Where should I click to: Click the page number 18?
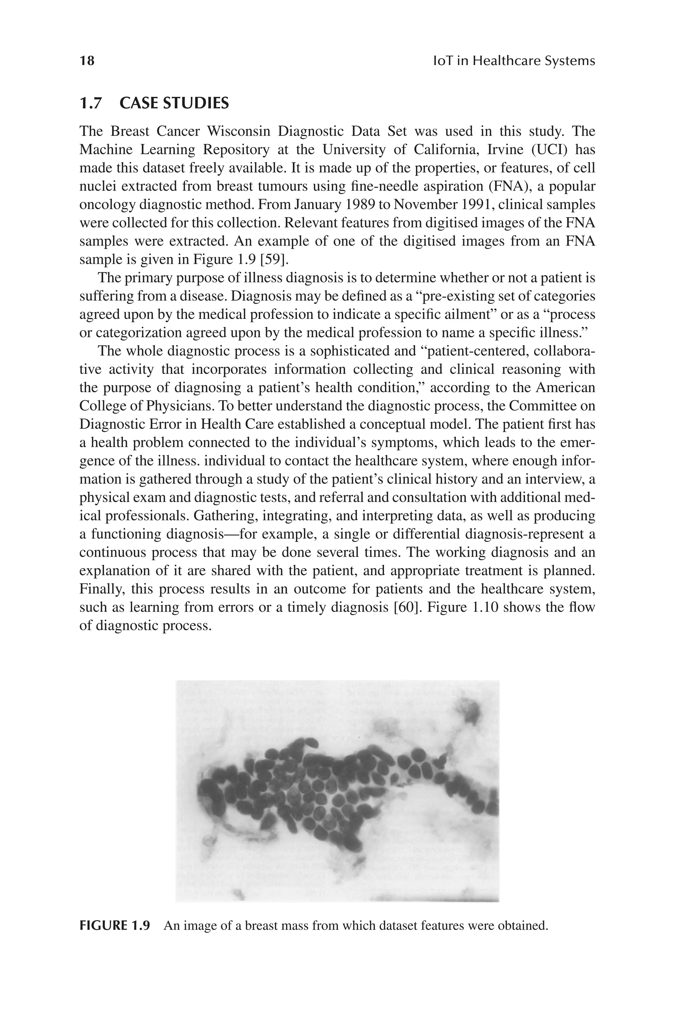87,61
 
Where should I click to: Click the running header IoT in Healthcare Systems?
513,61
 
